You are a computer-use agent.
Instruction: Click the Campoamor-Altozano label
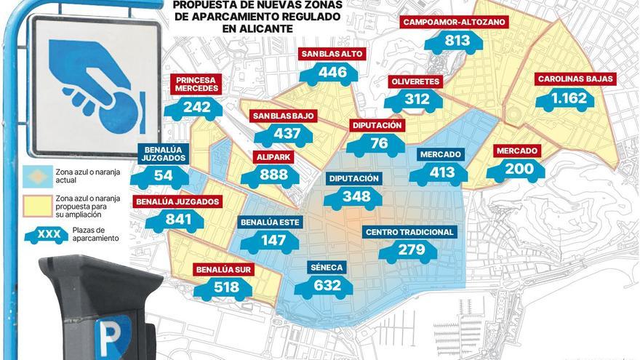454,23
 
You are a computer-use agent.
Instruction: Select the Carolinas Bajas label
575,79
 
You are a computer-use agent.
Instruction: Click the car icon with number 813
454,41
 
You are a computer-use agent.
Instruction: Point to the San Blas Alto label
332,54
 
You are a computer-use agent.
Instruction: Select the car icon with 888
269,175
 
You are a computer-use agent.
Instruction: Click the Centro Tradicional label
410,232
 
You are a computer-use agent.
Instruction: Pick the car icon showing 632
324,286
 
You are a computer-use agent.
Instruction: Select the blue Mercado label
440,154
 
